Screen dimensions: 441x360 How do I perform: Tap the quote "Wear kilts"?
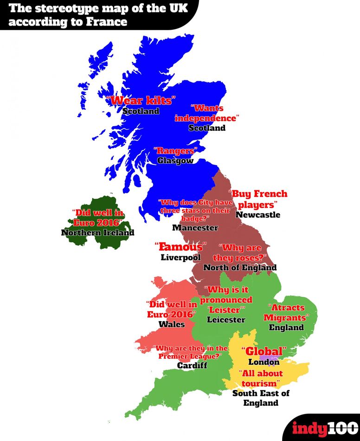141,100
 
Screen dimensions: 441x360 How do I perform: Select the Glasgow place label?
175,161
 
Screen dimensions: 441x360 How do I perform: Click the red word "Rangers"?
175,151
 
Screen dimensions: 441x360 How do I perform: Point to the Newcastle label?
258,214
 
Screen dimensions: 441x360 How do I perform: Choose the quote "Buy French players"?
259,199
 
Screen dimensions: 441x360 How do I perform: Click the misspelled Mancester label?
195,227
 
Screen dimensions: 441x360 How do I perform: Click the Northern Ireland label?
97,233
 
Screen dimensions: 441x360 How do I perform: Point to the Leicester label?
226,320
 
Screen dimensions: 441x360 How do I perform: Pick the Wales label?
172,324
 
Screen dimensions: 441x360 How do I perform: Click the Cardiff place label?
192,365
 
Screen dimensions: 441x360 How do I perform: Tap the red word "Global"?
264,351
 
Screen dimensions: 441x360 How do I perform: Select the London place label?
264,362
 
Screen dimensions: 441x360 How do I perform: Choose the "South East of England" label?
261,398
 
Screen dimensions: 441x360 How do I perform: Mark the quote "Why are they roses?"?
239,252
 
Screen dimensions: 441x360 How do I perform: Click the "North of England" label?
240,267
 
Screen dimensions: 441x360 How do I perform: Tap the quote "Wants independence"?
207,113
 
